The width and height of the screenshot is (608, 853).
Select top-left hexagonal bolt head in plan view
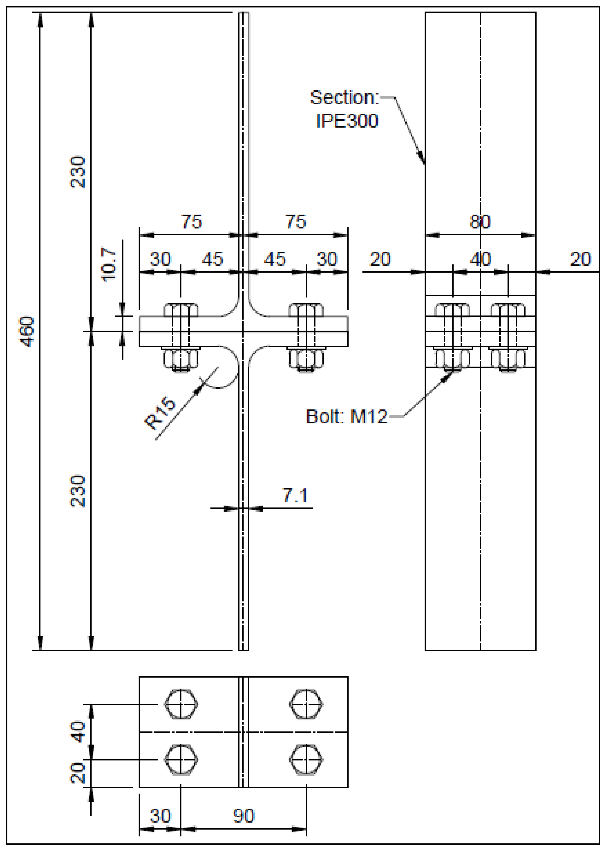tap(181, 704)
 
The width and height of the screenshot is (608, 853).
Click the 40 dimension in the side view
tap(480, 259)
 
